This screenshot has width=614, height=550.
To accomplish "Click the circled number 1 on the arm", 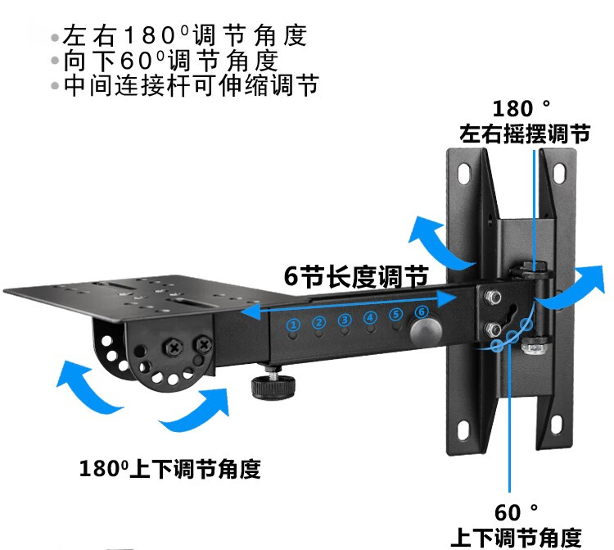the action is (x=293, y=325).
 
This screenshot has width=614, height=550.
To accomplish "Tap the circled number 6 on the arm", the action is (x=422, y=312).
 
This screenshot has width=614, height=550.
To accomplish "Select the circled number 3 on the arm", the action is (x=345, y=320).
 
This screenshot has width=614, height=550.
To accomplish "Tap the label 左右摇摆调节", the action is (x=524, y=134).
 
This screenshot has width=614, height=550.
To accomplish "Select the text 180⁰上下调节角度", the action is (x=169, y=470).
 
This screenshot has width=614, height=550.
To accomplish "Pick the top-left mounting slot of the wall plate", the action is (x=464, y=173).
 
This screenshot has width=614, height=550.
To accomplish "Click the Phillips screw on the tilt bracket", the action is (x=174, y=347).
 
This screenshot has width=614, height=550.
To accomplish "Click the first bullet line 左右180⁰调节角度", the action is (x=178, y=36).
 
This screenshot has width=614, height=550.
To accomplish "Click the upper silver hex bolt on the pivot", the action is (x=494, y=297).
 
